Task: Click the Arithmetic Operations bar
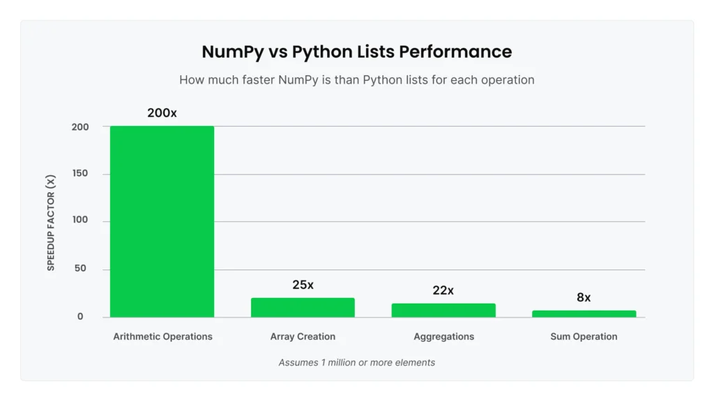(x=162, y=221)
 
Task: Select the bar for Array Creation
(x=303, y=308)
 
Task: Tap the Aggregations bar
(x=443, y=310)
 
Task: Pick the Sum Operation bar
(x=584, y=314)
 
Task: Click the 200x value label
(x=162, y=113)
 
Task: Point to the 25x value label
(x=303, y=285)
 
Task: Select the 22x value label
(x=443, y=290)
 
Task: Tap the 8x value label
(x=584, y=297)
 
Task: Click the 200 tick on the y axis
(x=80, y=127)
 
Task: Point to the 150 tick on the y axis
(x=80, y=173)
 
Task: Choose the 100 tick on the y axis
(x=80, y=220)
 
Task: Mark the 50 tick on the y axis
(x=80, y=269)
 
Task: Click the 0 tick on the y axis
(x=80, y=316)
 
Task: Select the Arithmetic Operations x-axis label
(x=162, y=336)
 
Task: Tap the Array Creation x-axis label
(x=303, y=336)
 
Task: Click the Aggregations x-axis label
(x=443, y=336)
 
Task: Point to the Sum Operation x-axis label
(x=584, y=336)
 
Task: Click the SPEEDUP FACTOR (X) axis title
(x=51, y=223)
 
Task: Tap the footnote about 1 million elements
(x=356, y=362)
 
